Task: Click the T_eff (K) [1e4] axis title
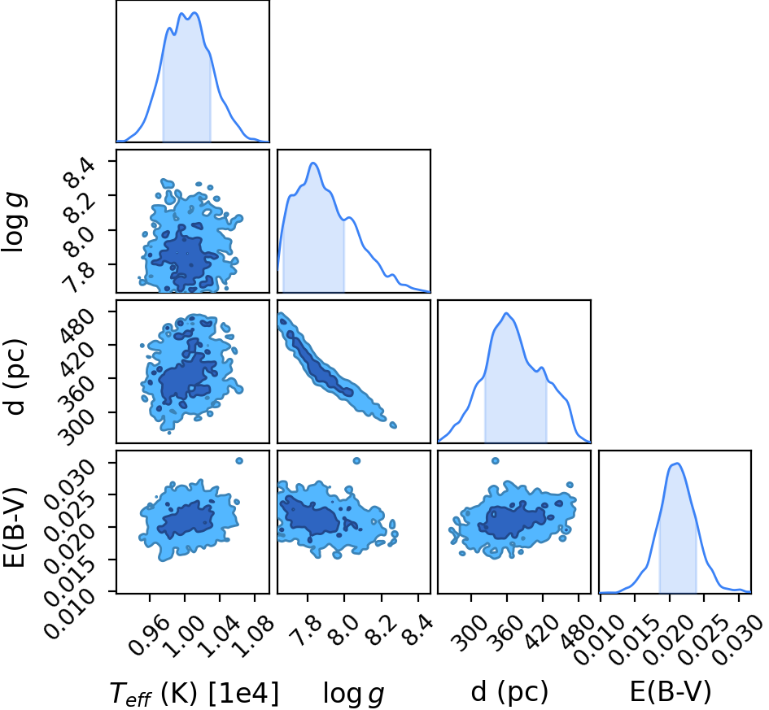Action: tap(194, 694)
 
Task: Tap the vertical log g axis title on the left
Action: tap(14, 223)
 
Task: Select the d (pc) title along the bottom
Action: tap(509, 692)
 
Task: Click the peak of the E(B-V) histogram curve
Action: tap(676, 463)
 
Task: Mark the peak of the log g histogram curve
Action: tap(313, 163)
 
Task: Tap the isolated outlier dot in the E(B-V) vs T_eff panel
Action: tap(239, 460)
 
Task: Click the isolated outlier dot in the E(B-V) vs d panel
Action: tap(496, 460)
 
